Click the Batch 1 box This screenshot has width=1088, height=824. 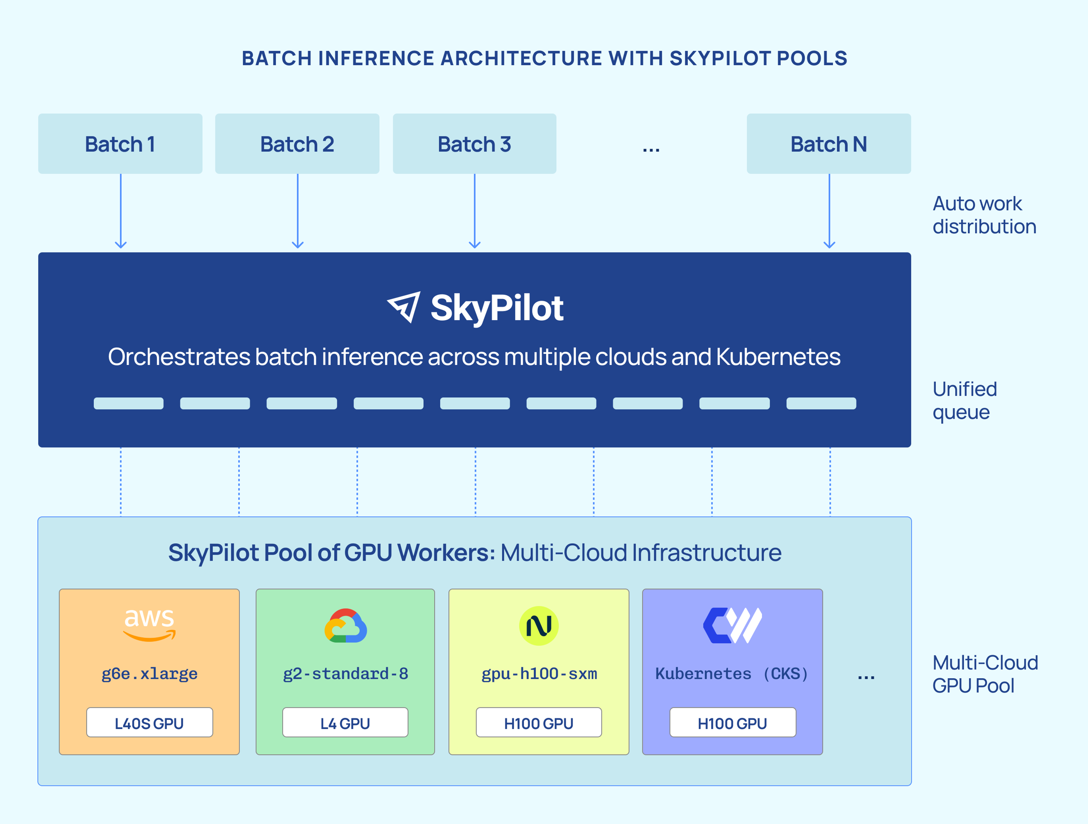click(x=120, y=144)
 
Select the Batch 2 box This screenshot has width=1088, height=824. click(x=297, y=144)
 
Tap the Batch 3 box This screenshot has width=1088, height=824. click(x=474, y=144)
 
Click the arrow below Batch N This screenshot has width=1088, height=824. click(x=829, y=212)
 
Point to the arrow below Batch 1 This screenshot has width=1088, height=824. click(x=120, y=212)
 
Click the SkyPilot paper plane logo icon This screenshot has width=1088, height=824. click(x=404, y=307)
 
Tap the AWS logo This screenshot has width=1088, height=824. click(x=149, y=624)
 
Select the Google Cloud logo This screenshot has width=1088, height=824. click(x=345, y=626)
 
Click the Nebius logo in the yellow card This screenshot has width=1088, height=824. click(x=539, y=626)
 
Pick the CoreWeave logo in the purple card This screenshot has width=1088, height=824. click(x=732, y=626)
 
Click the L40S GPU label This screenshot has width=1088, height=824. click(x=149, y=723)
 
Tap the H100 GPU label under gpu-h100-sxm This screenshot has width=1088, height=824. click(x=539, y=723)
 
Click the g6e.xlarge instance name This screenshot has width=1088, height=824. click(x=149, y=674)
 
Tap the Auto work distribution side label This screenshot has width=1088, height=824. click(x=984, y=215)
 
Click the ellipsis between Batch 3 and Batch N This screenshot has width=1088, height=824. click(x=651, y=148)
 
